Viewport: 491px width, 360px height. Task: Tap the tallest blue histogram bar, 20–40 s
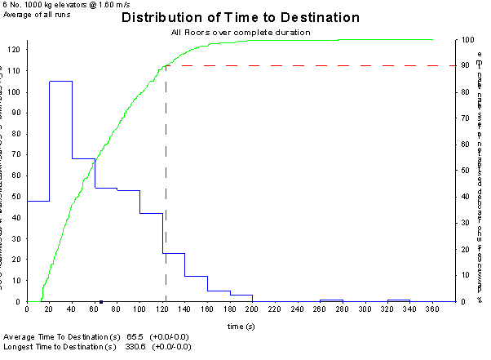coord(61,191)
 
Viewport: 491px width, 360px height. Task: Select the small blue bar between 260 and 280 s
coord(331,300)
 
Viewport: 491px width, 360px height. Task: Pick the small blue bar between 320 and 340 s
coord(398,300)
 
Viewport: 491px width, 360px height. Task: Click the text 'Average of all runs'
coord(36,14)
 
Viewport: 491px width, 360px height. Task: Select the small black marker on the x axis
coord(100,301)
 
